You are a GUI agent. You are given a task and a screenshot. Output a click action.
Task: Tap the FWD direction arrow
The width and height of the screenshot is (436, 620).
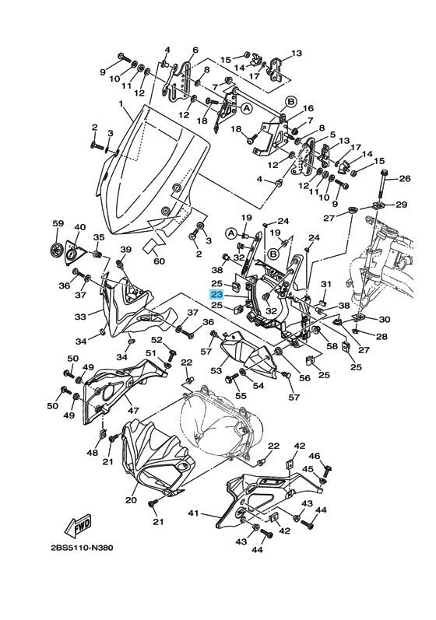[x=78, y=524]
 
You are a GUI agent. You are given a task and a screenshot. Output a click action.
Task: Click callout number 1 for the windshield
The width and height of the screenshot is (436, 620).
[x=121, y=103]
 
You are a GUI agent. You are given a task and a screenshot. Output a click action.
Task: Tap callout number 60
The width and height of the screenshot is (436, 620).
[x=159, y=261]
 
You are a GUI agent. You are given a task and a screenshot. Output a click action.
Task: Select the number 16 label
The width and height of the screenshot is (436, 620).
[x=308, y=108]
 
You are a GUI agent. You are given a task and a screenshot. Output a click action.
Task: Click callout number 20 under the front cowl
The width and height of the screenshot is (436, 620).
[x=131, y=499]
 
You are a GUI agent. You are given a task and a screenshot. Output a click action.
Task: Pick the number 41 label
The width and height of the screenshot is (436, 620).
[x=193, y=513]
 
